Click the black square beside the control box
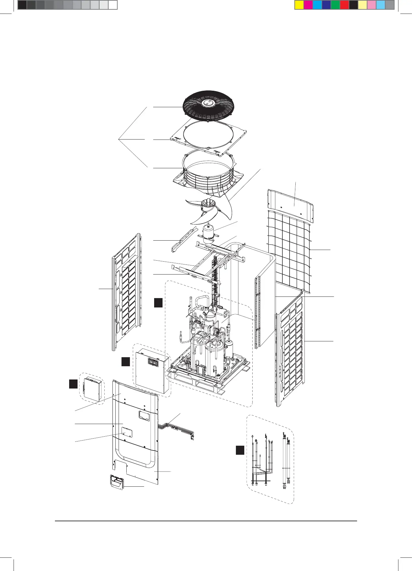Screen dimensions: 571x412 [x=126, y=361]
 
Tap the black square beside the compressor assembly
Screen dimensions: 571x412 [x=158, y=303]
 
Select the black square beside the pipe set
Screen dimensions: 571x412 [x=240, y=450]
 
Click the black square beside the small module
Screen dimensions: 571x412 [x=73, y=384]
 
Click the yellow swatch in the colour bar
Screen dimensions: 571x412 [x=299, y=5]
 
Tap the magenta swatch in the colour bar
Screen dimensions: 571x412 [x=308, y=5]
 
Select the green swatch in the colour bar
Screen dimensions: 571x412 [x=335, y=5]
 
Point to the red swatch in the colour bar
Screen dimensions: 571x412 [x=344, y=5]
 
